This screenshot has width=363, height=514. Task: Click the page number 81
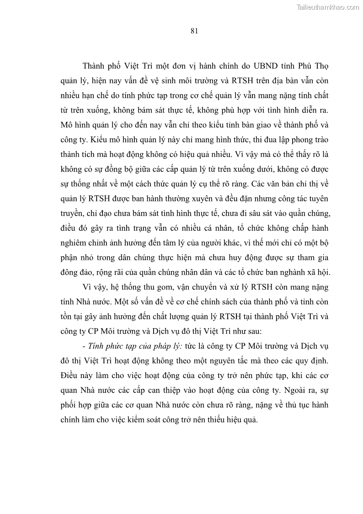pos(193,31)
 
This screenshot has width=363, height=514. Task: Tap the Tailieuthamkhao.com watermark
pos(328,7)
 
